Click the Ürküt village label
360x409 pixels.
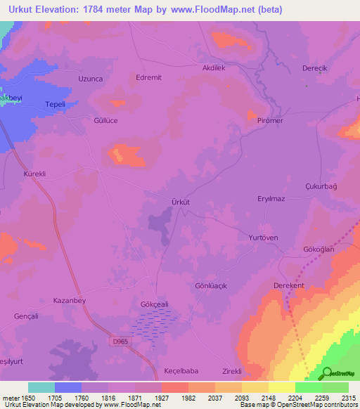(x=181, y=202)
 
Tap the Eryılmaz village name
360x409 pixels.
(x=270, y=200)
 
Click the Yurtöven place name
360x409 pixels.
(x=264, y=238)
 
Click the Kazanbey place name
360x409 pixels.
(x=69, y=300)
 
